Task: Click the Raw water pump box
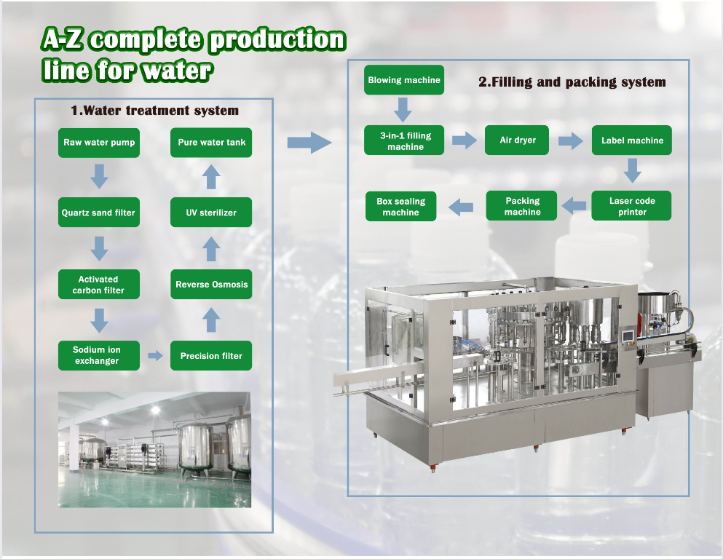[99, 143]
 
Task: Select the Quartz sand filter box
[99, 213]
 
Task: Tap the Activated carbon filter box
[99, 285]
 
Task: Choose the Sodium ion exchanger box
[99, 355]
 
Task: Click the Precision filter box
[211, 355]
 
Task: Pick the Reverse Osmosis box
[211, 285]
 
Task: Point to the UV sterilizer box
[211, 213]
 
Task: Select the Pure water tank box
[211, 143]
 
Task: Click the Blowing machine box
[404, 80]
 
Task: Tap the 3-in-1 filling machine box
[404, 140]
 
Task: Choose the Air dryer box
[517, 140]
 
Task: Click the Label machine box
[632, 140]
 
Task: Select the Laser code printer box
[632, 205]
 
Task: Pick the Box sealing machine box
[400, 206]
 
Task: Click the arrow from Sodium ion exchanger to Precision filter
[155, 355]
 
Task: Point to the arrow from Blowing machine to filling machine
[403, 110]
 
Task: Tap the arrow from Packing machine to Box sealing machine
[461, 207]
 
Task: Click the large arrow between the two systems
[309, 143]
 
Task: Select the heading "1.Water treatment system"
[154, 111]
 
